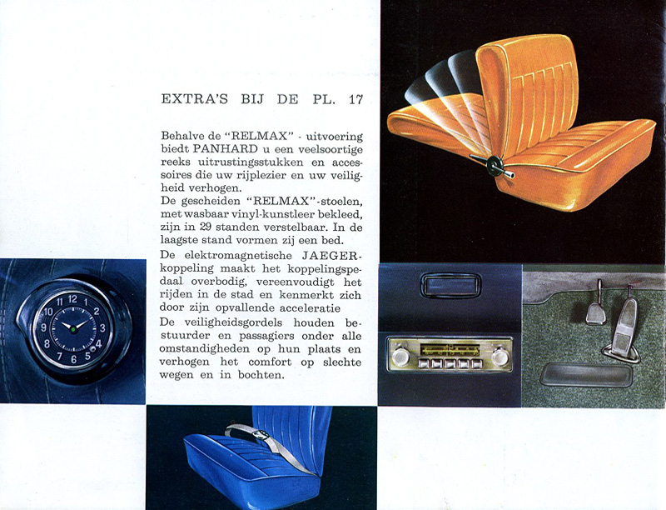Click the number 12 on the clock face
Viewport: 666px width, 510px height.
72,299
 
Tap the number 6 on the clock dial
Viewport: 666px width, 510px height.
74,359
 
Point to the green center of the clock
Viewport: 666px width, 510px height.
73,329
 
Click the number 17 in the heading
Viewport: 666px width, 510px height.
356,99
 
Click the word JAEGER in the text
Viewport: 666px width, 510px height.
331,256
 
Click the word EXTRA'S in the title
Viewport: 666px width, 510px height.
195,99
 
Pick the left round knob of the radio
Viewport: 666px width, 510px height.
400,357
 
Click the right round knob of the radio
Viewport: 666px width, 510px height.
500,357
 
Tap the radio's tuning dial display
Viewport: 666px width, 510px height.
450,350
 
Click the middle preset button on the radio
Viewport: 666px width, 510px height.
450,364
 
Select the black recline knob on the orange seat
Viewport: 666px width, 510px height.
495,164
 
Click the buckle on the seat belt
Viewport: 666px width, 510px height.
261,435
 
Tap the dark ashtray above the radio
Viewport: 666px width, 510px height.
450,285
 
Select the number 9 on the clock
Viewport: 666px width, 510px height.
44,327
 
